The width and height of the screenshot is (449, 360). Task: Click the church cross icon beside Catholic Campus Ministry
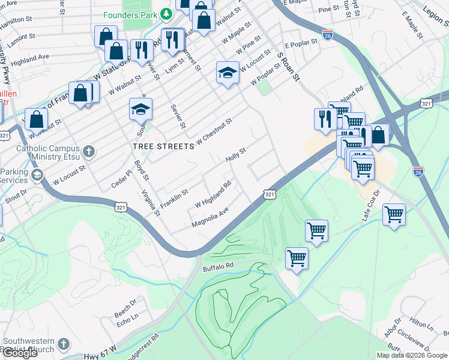point(89,151)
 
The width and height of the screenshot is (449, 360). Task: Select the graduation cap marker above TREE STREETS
point(140,109)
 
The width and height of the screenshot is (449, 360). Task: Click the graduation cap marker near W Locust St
point(228,73)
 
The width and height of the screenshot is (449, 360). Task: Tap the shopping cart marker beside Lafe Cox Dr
point(394,214)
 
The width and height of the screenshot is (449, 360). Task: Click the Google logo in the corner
point(20,352)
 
